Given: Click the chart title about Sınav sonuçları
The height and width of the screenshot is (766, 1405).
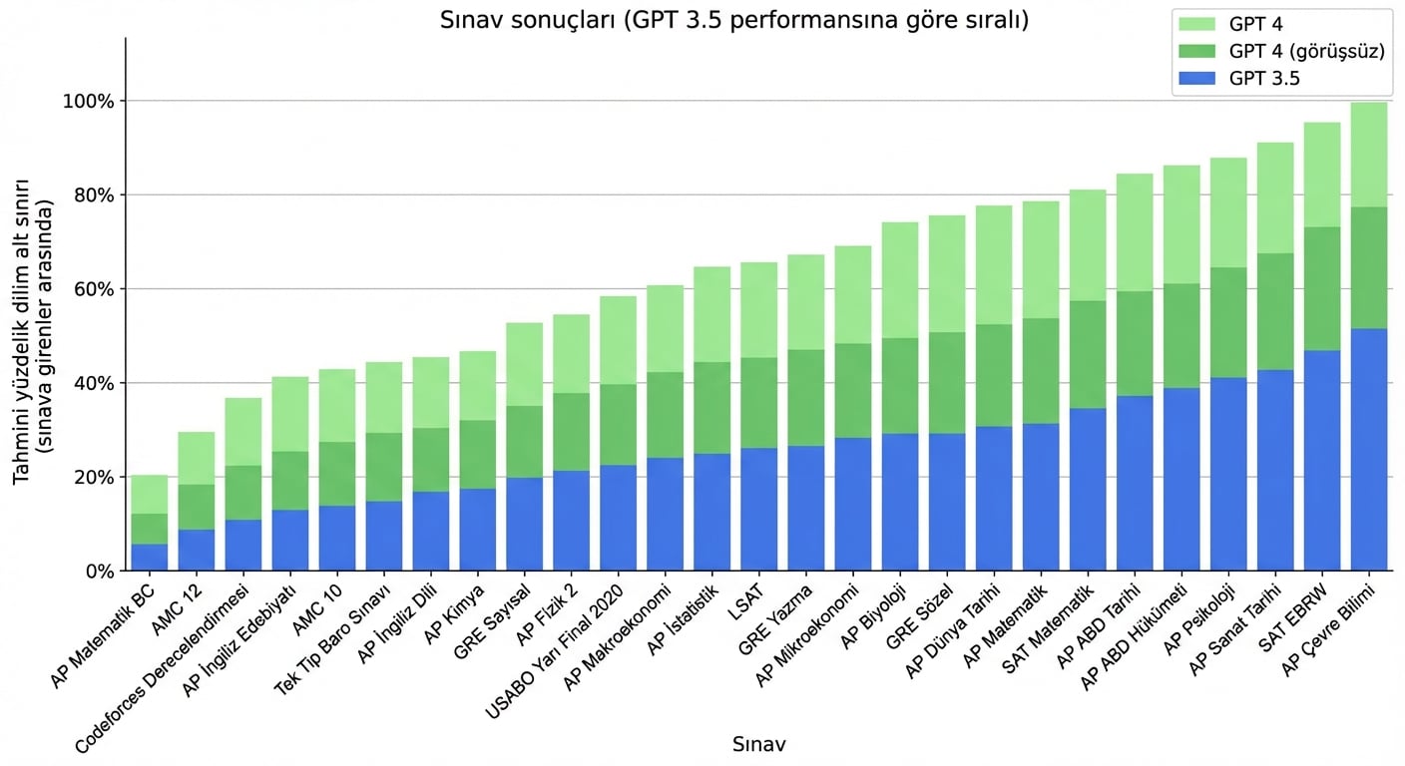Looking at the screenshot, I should [x=733, y=20].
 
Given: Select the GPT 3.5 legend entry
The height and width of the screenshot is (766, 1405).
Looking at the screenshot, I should [x=1264, y=79].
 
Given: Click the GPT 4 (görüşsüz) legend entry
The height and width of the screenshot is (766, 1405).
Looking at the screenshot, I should [x=1306, y=52].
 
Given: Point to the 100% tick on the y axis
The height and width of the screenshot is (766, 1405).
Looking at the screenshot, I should [x=91, y=102].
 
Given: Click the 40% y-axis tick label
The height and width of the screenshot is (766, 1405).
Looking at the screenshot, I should [x=95, y=384].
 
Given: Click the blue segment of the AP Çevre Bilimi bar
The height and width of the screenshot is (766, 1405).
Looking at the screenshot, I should [x=1369, y=449].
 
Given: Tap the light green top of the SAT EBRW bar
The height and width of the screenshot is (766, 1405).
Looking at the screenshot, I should [x=1322, y=175].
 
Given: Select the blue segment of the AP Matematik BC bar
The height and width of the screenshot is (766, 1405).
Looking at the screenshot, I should [x=150, y=558].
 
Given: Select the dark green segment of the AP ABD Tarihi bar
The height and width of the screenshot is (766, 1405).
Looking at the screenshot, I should [x=1135, y=344].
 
